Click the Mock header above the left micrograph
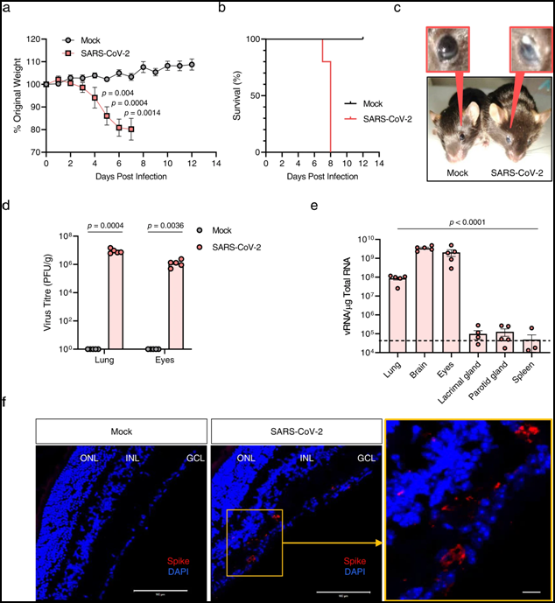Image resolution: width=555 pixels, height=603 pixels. click(x=121, y=431)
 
